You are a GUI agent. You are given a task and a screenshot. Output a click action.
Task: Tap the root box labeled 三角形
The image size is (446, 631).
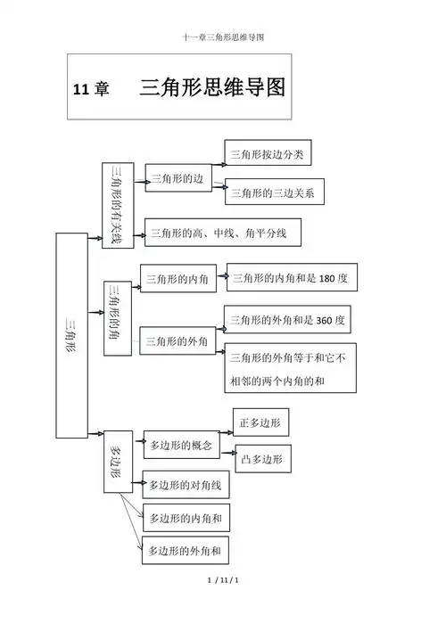pyautogui.click(x=71, y=335)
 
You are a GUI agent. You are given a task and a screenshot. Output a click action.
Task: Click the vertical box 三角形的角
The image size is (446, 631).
pyautogui.click(x=118, y=318)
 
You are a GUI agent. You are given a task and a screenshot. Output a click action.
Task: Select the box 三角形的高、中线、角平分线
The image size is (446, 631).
pyautogui.click(x=222, y=233)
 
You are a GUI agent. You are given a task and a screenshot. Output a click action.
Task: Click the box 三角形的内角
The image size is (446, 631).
pyautogui.click(x=177, y=279)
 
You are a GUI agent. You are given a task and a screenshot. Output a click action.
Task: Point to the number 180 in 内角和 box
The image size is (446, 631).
pyautogui.click(x=326, y=278)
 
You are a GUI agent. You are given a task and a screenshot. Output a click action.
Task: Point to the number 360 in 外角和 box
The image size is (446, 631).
pyautogui.click(x=326, y=319)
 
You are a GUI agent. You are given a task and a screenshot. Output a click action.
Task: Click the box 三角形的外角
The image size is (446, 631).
pyautogui.click(x=177, y=340)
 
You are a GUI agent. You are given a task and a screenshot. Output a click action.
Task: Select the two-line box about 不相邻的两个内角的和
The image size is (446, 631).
pyautogui.click(x=290, y=368)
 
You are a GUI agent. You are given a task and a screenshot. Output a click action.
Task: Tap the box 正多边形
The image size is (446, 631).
pyautogui.click(x=260, y=422)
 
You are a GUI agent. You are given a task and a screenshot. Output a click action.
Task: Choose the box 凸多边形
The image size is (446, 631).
pyautogui.click(x=262, y=459)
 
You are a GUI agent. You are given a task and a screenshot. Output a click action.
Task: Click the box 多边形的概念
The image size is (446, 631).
pyautogui.click(x=179, y=444)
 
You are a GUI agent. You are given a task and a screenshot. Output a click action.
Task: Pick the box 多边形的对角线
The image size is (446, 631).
pyautogui.click(x=186, y=485)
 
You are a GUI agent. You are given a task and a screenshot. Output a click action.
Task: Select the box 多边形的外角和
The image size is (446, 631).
pyautogui.click(x=186, y=551)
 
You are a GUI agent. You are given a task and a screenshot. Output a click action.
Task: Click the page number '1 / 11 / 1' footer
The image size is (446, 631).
pyautogui.click(x=224, y=581)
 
